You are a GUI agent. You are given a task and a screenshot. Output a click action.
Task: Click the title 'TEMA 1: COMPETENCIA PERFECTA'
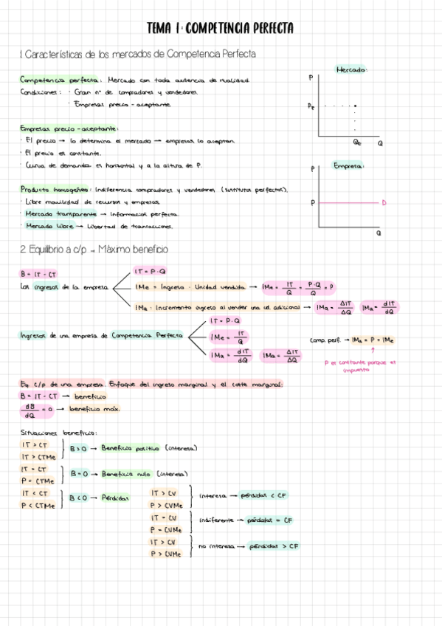221,28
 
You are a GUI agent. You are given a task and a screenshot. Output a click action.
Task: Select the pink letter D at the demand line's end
384,202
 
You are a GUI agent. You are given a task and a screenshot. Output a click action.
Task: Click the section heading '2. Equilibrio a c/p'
94,250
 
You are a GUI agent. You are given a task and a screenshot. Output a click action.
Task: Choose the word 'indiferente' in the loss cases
217,520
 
